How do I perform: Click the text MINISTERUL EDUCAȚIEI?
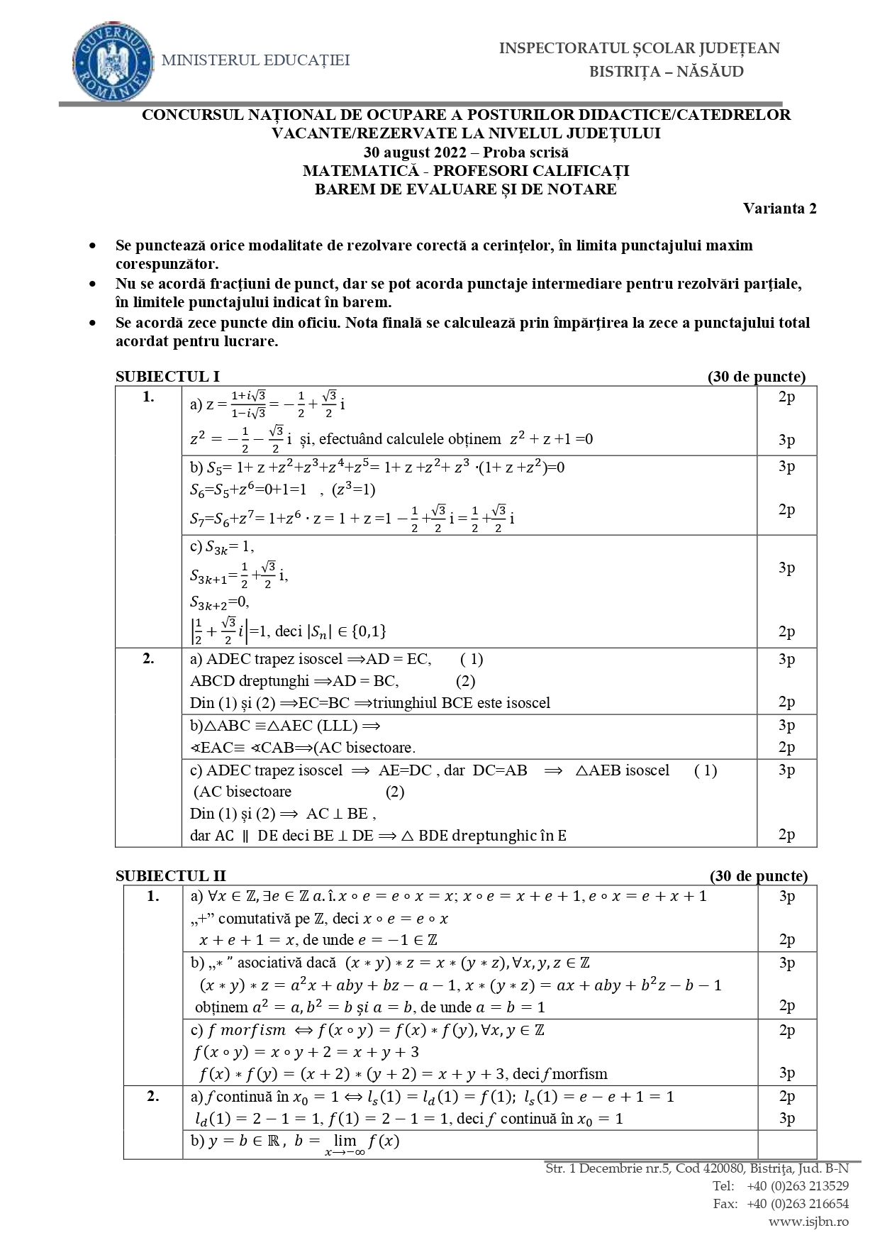point(256,61)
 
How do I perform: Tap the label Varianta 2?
point(779,208)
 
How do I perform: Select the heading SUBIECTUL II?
point(170,876)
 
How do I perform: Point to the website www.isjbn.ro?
point(808,1221)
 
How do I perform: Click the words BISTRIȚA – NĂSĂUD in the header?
point(667,72)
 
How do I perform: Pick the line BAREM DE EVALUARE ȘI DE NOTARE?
point(466,189)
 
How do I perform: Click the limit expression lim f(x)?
point(362,1142)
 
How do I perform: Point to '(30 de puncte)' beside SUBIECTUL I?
point(757,377)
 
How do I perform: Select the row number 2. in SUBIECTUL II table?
point(152,1096)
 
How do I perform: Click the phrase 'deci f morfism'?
point(559,1073)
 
